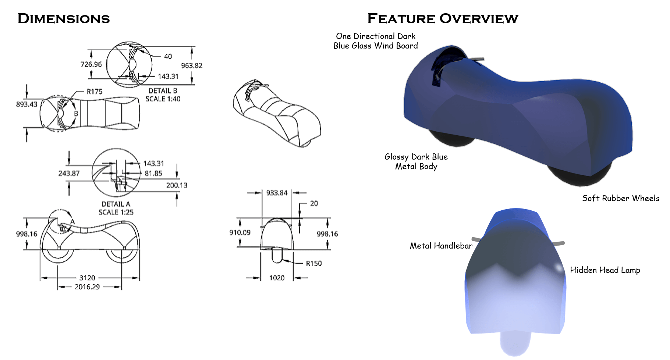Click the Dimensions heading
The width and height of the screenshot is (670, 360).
click(64, 19)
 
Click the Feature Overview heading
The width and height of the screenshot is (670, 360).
click(443, 19)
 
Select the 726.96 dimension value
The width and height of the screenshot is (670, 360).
click(91, 64)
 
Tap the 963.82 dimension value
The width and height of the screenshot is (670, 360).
click(192, 65)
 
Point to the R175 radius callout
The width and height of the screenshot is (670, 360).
click(95, 92)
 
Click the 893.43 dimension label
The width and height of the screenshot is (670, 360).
click(26, 104)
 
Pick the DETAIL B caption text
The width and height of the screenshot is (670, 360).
click(163, 91)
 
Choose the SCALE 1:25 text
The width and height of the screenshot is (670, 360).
click(116, 212)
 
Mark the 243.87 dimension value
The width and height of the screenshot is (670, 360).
click(69, 173)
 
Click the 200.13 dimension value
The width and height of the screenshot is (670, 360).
click(177, 185)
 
